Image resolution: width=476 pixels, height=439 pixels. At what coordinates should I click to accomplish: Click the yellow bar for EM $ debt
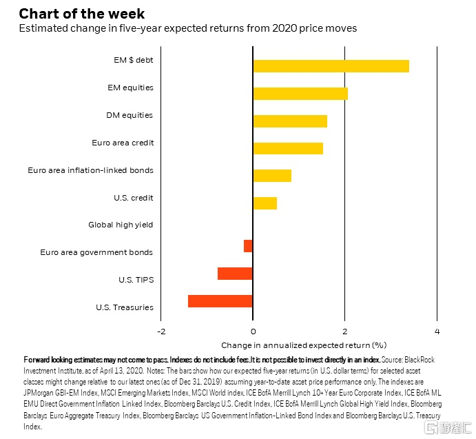[331, 66]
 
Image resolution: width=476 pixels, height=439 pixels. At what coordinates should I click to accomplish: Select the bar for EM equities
[300, 94]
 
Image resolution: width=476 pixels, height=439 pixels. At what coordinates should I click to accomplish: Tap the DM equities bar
[290, 121]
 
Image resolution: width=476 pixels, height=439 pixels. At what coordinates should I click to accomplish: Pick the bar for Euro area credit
[288, 148]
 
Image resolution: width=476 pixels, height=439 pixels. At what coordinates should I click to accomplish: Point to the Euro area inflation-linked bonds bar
[272, 176]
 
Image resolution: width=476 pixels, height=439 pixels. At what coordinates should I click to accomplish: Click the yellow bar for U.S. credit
[265, 203]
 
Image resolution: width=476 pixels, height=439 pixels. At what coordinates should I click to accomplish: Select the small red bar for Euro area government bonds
[248, 246]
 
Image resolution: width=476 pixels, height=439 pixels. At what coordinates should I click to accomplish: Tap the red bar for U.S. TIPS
[235, 274]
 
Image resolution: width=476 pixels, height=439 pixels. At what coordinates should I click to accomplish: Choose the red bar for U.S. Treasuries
[220, 301]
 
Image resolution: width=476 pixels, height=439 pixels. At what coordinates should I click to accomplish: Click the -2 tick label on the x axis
[161, 331]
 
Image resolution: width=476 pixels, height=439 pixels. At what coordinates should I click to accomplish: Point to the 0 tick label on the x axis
[253, 331]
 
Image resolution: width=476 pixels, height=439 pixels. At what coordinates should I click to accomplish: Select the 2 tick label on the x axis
[345, 331]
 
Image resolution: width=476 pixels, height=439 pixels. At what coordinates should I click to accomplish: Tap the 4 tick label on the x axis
[437, 331]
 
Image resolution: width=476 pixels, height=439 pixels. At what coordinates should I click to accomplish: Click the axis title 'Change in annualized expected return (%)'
[304, 345]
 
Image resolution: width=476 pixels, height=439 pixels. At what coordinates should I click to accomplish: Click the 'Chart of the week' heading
[82, 14]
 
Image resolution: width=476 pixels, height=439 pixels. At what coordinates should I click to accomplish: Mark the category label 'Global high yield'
[121, 225]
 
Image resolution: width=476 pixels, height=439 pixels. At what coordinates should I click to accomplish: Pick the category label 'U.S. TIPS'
[136, 280]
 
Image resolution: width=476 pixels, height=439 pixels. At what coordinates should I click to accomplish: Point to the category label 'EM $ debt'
[134, 60]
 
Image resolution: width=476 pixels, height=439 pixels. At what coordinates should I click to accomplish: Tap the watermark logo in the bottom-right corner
[447, 428]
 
